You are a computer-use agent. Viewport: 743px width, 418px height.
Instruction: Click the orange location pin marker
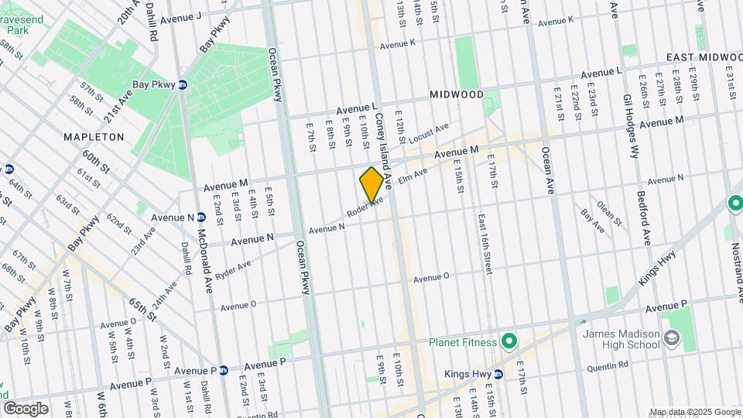(x=371, y=185)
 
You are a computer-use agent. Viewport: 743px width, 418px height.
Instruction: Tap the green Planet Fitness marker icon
(x=508, y=341)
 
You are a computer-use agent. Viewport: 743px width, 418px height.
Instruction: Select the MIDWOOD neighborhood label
(x=457, y=94)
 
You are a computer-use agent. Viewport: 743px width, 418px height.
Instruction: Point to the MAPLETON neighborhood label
(x=94, y=136)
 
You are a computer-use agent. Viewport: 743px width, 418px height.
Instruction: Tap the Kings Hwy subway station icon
(x=498, y=374)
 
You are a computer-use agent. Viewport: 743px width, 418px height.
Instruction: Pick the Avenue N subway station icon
(x=200, y=218)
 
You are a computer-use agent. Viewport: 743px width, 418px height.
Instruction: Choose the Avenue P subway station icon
(x=223, y=371)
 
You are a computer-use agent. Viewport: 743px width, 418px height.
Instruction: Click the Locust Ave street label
(x=432, y=134)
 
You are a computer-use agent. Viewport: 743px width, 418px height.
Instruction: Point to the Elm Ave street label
(x=413, y=176)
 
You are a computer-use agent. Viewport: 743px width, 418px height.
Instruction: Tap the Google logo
(x=26, y=408)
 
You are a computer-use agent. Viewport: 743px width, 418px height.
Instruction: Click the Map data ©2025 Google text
(x=695, y=412)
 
